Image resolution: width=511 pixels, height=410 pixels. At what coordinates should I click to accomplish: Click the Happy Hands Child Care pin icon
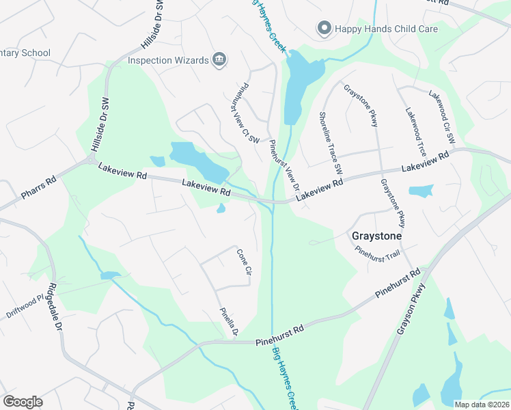[324, 28]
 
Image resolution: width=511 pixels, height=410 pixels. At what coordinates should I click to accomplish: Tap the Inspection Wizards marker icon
[219, 60]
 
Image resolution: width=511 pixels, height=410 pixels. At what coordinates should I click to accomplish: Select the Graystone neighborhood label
[376, 236]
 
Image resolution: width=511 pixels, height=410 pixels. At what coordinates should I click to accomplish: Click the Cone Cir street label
[245, 262]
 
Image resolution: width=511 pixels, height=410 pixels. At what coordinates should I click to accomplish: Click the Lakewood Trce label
[415, 131]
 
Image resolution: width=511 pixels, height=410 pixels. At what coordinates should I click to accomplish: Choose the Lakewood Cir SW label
[441, 116]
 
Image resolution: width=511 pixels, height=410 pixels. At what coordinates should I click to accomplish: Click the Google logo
[23, 402]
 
